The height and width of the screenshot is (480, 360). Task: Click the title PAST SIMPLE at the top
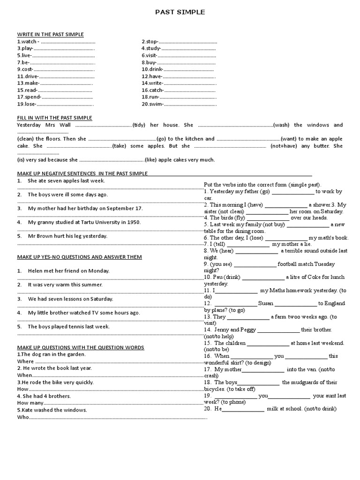180,12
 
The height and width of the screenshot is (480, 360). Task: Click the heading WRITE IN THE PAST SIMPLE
50,34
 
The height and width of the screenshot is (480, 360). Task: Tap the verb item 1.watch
27,41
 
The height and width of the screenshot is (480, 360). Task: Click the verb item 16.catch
153,90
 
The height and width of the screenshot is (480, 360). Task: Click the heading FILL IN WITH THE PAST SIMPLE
54,118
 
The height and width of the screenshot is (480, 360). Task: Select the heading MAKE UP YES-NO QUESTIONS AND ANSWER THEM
79,257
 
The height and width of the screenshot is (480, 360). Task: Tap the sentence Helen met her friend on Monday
68,270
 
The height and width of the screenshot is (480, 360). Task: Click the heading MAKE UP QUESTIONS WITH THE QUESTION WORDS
81,347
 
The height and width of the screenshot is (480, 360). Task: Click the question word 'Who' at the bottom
22,417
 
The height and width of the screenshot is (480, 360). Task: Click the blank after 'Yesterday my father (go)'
293,192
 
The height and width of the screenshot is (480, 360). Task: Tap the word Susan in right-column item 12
266,303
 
